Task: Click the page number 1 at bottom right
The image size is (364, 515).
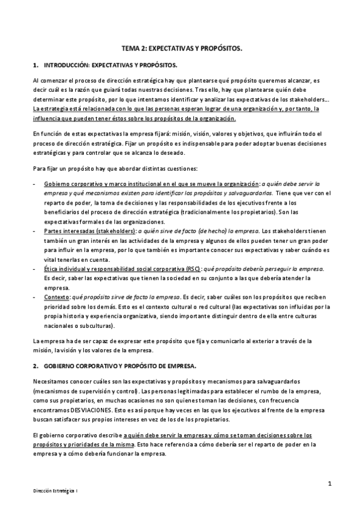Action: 329,483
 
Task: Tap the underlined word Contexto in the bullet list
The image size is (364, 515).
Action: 57,297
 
